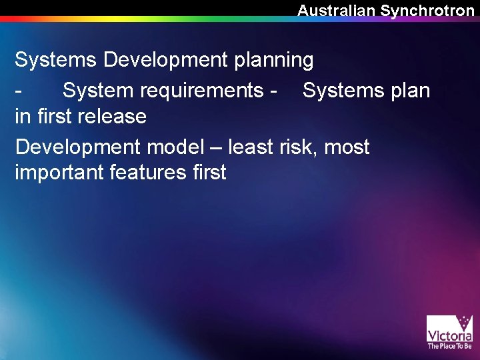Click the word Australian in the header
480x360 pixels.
[337, 10]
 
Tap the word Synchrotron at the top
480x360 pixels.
[427, 10]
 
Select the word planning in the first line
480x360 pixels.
[273, 60]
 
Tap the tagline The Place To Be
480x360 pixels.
[449, 346]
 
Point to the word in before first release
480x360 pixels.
[22, 116]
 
